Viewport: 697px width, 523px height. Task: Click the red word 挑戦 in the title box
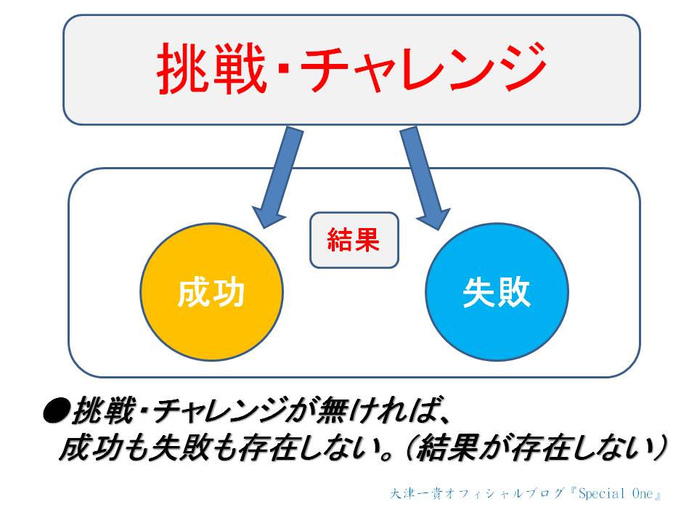(x=212, y=68)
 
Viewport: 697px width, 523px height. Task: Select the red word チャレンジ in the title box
(x=423, y=68)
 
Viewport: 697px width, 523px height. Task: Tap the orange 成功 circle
(x=211, y=292)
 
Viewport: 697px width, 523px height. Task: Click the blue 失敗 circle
(x=497, y=292)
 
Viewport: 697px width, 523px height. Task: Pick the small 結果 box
(x=354, y=240)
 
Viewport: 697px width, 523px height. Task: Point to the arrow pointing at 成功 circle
(x=277, y=177)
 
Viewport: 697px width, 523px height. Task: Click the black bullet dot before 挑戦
(x=56, y=411)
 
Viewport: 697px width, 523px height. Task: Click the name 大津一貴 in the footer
(x=416, y=494)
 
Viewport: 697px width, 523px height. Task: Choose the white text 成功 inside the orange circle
(x=211, y=293)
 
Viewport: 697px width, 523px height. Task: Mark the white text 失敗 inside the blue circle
(x=497, y=293)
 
